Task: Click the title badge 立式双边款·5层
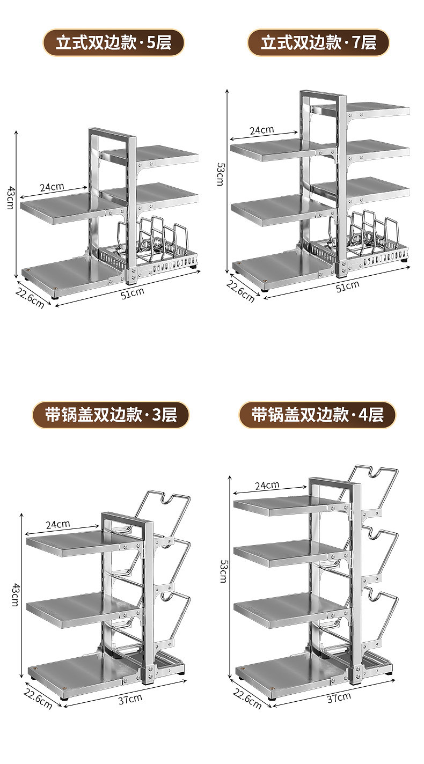pos(113,43)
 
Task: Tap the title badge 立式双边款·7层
pos(318,43)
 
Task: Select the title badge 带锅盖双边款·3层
pos(111,415)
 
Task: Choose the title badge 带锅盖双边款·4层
pos(317,415)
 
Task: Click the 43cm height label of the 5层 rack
pos(9,198)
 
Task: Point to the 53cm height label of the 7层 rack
pos(220,173)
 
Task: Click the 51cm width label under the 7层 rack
pos(347,286)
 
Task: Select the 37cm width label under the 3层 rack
pos(130,698)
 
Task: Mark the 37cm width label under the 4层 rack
pos(339,696)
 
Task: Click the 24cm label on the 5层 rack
pos(52,187)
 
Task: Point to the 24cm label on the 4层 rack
pos(267,485)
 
